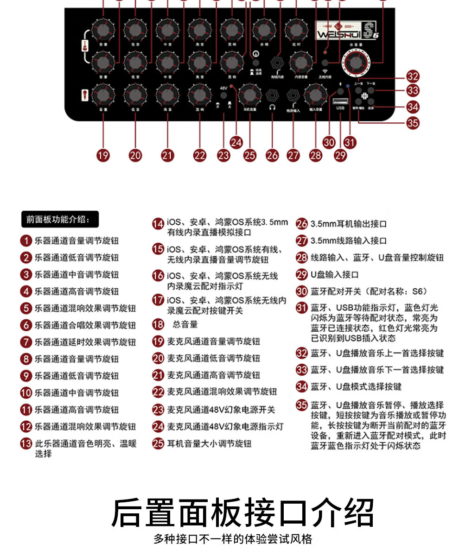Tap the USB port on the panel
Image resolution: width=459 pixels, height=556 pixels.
coord(340,101)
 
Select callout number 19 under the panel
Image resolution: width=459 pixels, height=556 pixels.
coord(103,156)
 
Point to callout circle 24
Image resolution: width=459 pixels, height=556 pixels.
coord(236,142)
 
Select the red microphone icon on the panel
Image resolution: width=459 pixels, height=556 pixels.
coord(84,95)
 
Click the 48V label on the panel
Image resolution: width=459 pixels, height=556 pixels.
coord(223,88)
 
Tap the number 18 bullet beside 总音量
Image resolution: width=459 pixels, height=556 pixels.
coord(158,324)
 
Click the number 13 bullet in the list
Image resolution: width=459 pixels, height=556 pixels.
coord(25,443)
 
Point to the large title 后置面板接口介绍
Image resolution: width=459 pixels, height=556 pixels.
coord(242,512)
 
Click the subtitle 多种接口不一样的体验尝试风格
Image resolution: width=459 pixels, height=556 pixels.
coord(233,539)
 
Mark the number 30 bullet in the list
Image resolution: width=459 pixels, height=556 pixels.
coord(302,291)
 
